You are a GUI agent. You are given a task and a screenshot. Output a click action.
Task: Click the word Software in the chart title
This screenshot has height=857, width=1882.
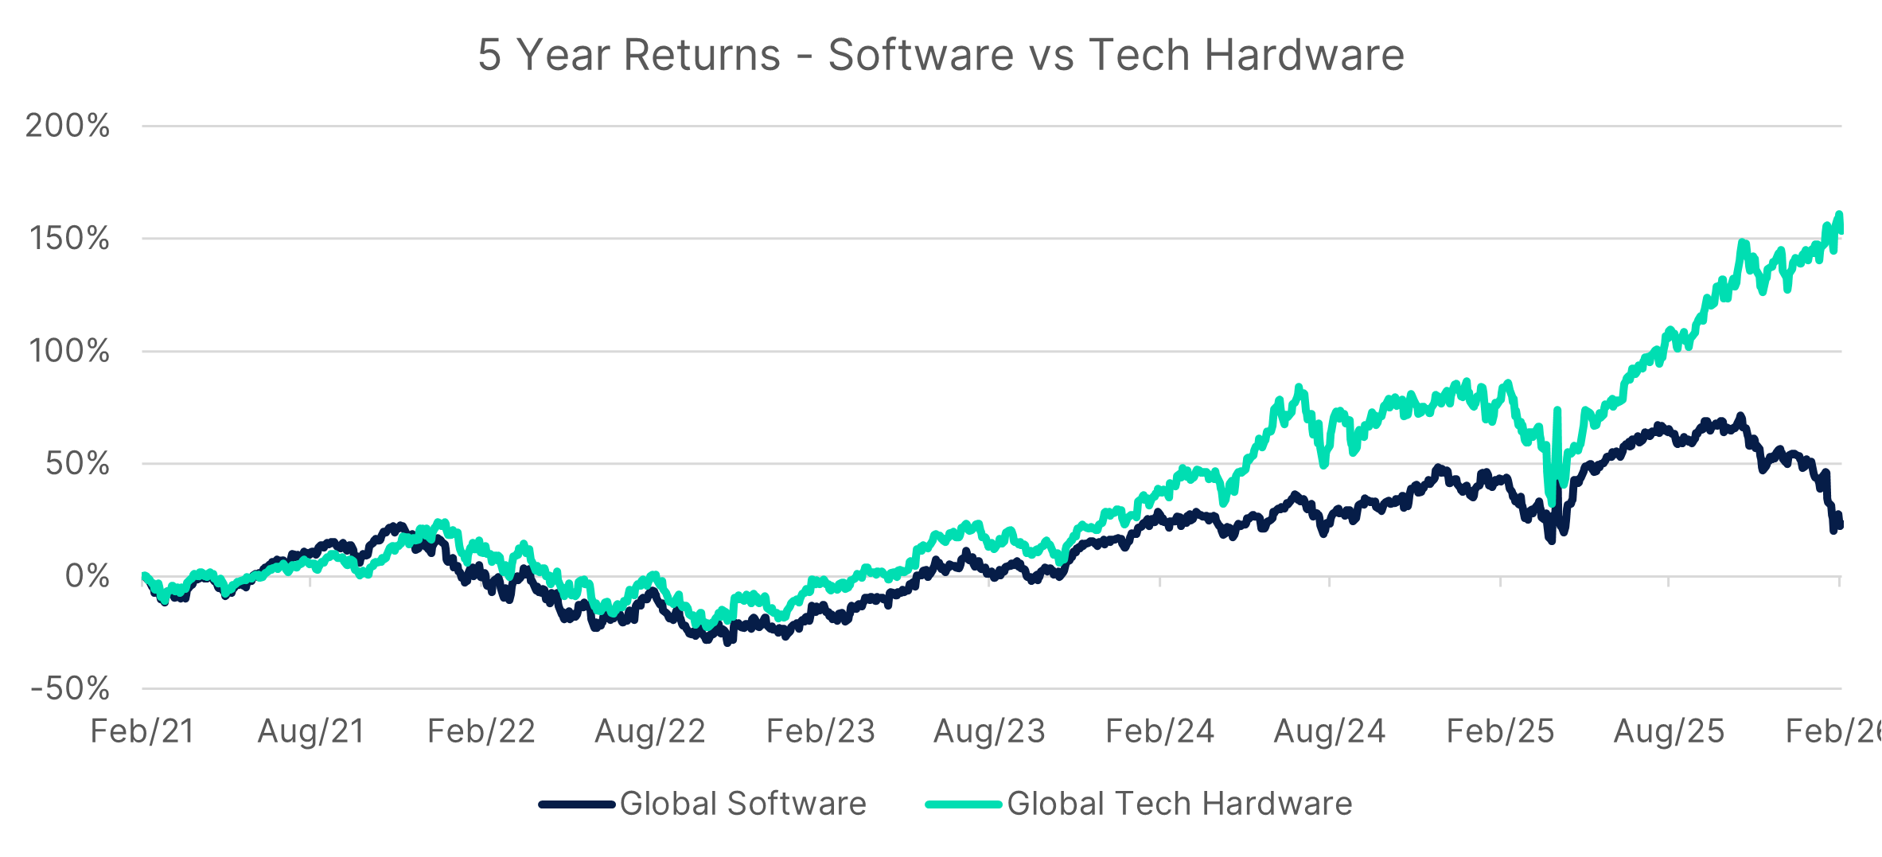(x=920, y=55)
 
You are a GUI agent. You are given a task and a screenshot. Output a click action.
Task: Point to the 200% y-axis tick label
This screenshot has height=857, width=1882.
(x=68, y=126)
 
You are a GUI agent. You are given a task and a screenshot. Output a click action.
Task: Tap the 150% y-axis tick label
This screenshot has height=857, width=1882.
(x=69, y=239)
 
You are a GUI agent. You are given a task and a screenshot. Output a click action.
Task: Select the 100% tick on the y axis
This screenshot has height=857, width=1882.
(x=69, y=351)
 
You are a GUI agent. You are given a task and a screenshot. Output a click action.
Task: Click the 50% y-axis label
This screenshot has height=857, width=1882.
(x=77, y=464)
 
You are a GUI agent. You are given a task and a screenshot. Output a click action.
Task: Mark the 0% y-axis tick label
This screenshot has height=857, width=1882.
(x=87, y=576)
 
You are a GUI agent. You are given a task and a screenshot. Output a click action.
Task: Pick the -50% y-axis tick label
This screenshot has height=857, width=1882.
(x=70, y=689)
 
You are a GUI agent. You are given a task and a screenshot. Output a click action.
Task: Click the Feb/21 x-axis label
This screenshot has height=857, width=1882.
(x=142, y=731)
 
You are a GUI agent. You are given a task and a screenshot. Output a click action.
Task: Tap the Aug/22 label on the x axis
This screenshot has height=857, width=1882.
(x=650, y=731)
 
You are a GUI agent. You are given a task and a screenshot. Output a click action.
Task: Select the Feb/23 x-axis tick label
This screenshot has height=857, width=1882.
(x=820, y=731)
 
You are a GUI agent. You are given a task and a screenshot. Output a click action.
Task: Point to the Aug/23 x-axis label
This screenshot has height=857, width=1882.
(x=989, y=731)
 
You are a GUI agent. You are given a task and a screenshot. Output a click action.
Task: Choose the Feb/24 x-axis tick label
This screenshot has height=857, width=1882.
(x=1160, y=731)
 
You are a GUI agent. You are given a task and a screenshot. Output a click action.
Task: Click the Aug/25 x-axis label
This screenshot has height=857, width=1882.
(x=1669, y=731)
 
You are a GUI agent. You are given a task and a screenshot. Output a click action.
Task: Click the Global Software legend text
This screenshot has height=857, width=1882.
(x=742, y=804)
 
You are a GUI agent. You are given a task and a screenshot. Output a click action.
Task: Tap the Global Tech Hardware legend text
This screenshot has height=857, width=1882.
(x=1179, y=804)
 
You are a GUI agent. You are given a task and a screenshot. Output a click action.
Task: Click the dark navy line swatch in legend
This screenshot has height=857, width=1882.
(x=577, y=804)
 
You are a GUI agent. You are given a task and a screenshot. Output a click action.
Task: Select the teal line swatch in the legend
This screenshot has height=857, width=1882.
(x=963, y=804)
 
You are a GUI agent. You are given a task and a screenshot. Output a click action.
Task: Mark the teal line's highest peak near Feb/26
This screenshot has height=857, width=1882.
(x=1839, y=214)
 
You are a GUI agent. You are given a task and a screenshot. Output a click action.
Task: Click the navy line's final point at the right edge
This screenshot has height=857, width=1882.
(x=1840, y=524)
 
